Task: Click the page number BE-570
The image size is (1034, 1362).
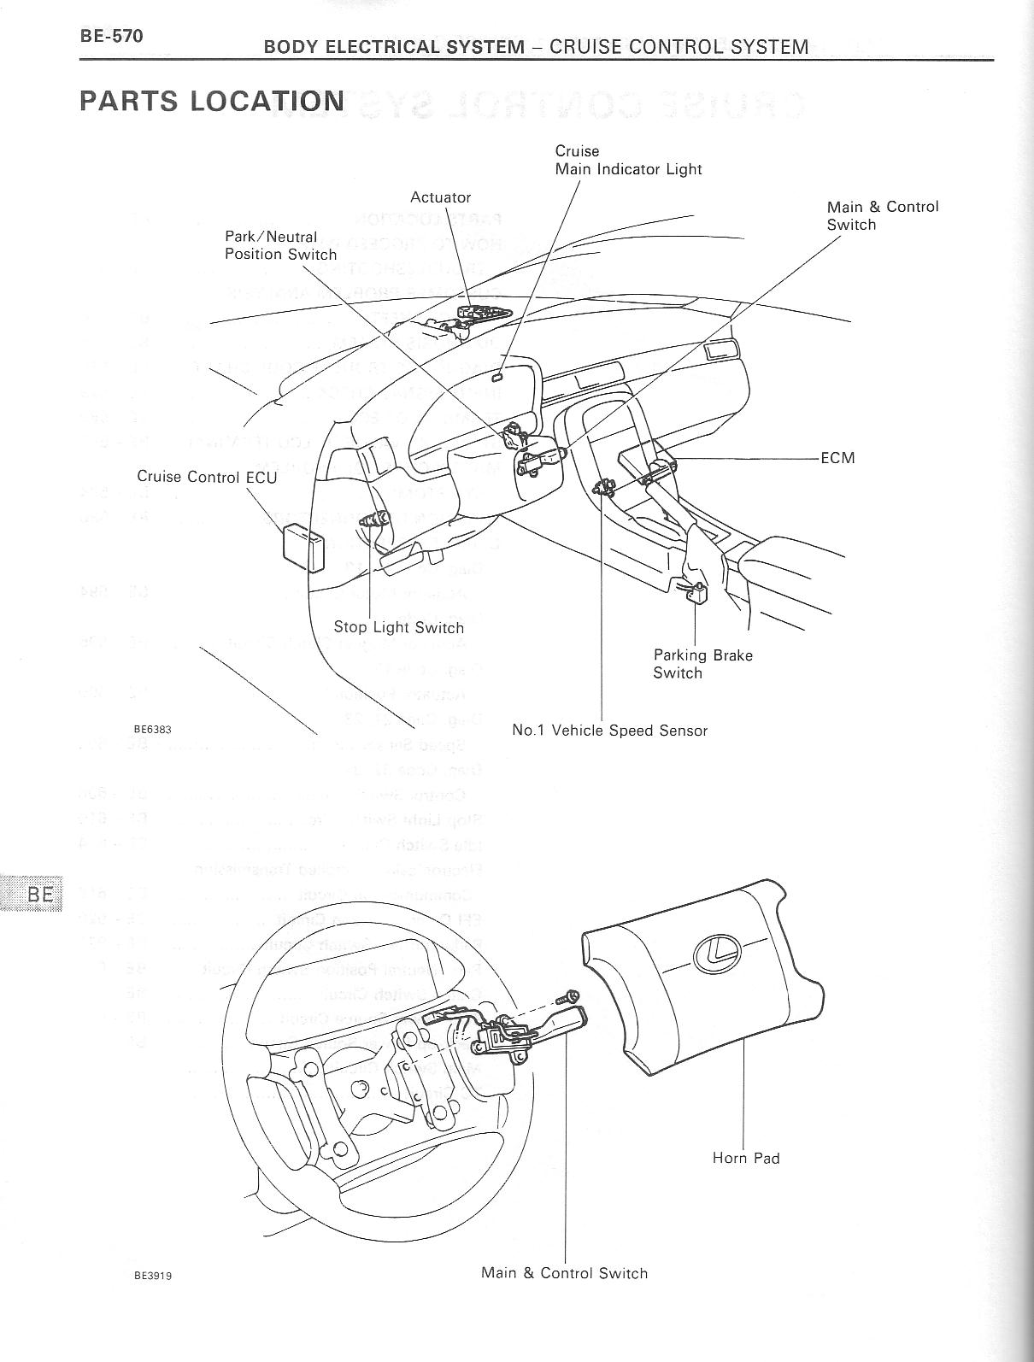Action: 112,36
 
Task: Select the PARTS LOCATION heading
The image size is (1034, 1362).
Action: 212,101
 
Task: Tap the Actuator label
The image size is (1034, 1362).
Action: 440,197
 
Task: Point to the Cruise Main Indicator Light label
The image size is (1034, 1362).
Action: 628,160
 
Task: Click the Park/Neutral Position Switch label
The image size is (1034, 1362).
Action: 280,245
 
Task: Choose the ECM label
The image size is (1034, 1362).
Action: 837,458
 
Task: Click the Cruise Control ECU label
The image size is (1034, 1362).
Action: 207,477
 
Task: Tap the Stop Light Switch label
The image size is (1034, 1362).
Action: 398,627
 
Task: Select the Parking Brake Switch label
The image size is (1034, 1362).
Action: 702,664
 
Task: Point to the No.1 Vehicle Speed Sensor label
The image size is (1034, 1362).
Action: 609,731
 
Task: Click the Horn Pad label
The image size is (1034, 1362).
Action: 745,1158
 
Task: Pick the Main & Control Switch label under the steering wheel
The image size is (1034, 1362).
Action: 564,1273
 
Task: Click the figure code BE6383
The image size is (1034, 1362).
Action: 153,730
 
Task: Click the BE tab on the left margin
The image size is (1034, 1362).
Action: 39,894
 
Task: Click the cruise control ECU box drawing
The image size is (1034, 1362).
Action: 304,548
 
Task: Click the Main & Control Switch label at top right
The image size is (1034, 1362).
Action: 882,215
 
